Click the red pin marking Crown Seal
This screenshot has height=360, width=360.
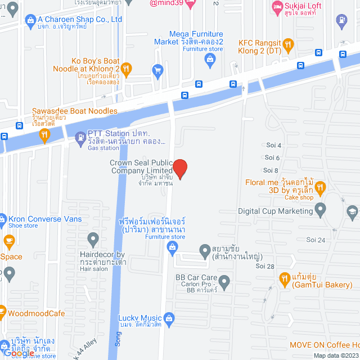point(179,168)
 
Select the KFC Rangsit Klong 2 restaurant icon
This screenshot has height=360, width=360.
point(288,44)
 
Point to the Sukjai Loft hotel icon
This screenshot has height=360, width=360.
point(277,7)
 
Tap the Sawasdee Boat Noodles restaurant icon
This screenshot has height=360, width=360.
point(44,134)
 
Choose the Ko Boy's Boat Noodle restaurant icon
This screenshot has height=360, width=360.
point(126,69)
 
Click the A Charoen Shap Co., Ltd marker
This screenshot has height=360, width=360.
point(30,19)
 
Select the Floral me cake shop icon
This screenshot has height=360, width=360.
point(320,187)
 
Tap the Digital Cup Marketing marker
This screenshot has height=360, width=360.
point(321,211)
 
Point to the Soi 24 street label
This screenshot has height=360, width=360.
point(316,240)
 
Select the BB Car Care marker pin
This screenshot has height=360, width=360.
point(224,281)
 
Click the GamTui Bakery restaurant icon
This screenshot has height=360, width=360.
point(285,278)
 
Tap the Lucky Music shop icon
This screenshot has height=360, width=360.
point(169,318)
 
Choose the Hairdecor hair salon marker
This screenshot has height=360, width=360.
point(94,240)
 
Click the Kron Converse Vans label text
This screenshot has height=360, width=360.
point(45,219)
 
